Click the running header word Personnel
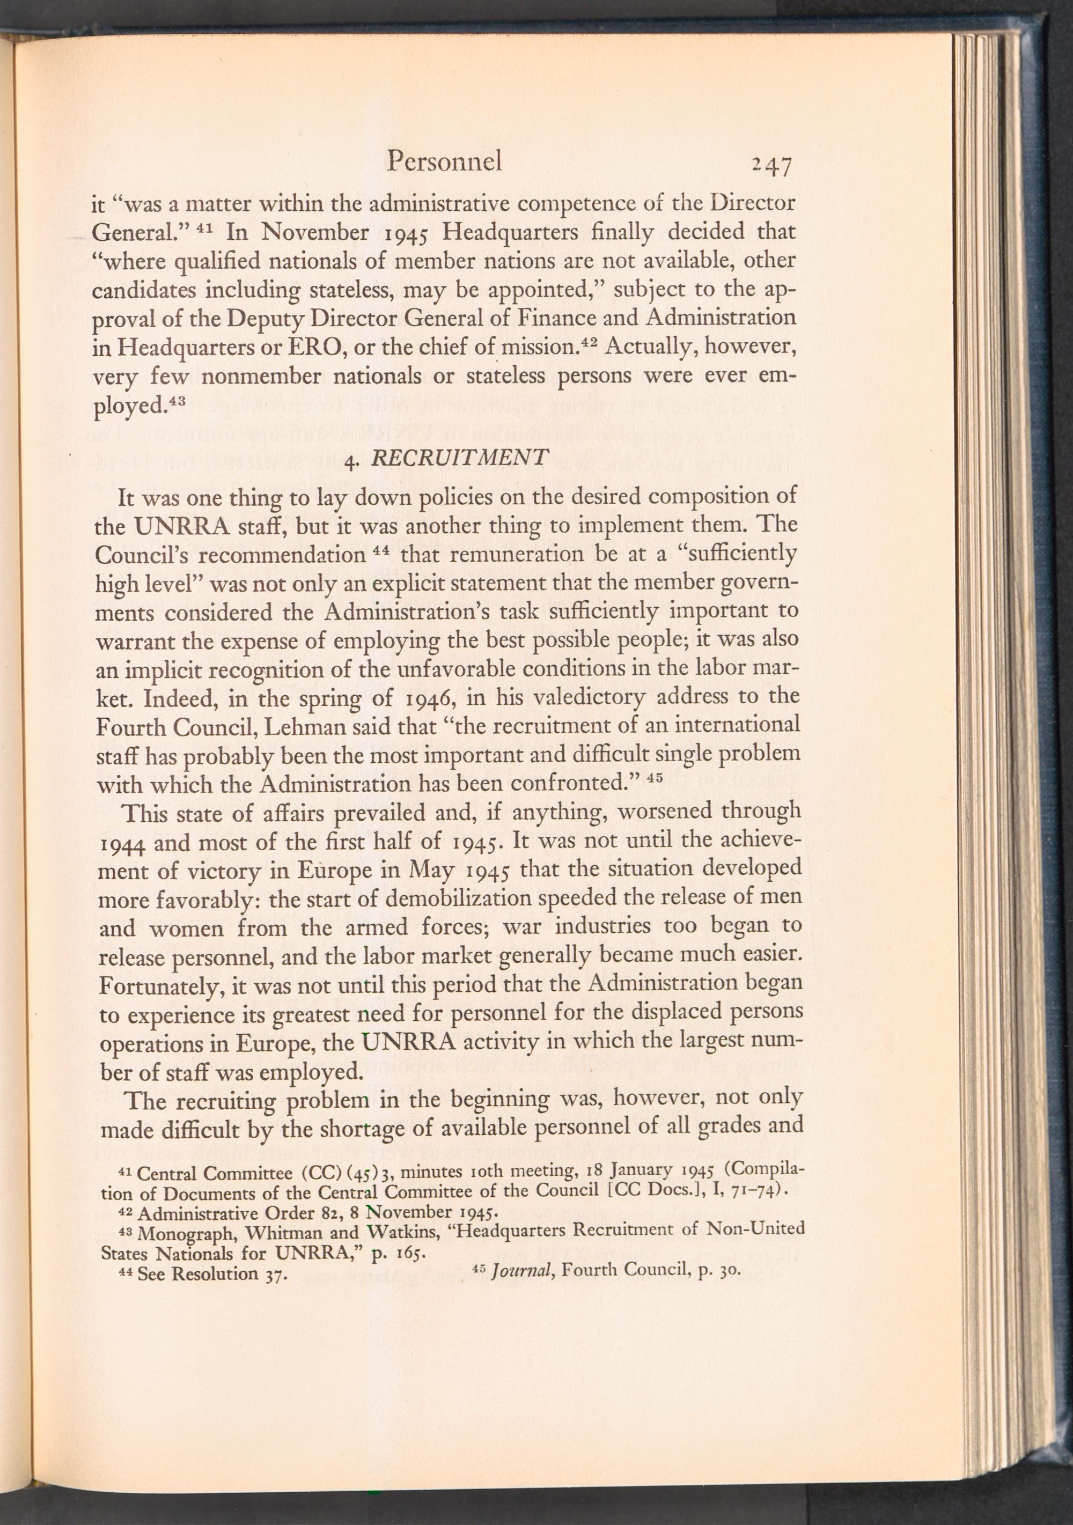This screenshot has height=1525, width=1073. tap(444, 161)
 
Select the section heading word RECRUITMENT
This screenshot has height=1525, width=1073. tap(460, 457)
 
